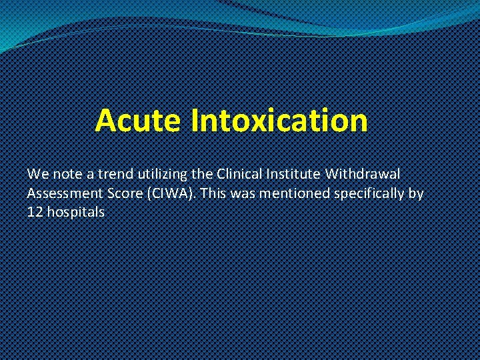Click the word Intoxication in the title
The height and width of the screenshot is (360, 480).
(x=279, y=121)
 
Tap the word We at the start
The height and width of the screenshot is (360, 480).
(x=37, y=174)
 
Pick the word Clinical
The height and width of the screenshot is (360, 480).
(x=243, y=174)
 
